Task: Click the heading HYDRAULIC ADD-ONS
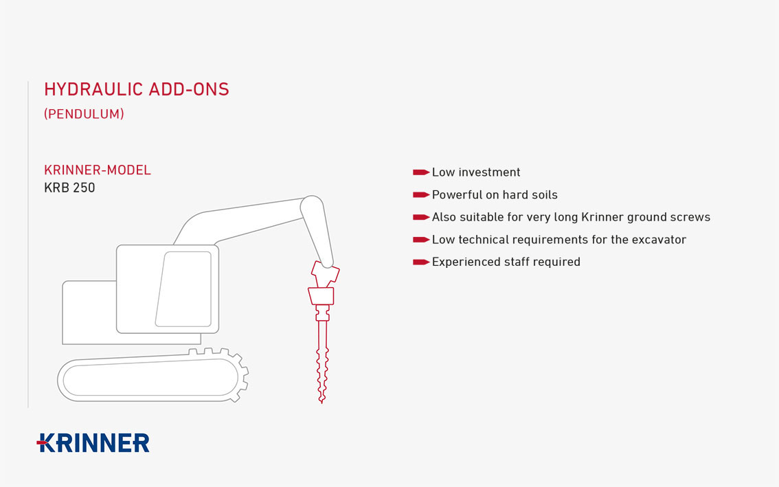click(x=137, y=89)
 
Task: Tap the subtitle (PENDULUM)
click(x=84, y=114)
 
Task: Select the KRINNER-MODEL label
click(x=98, y=170)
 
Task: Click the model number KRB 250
click(x=69, y=188)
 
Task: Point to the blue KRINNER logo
click(x=93, y=443)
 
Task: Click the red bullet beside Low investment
click(x=421, y=172)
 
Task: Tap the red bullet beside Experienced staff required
click(x=421, y=262)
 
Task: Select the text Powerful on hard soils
click(x=495, y=195)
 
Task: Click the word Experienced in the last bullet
click(x=461, y=262)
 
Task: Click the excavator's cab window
click(x=184, y=288)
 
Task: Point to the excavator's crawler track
click(x=149, y=378)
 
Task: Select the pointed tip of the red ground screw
click(x=322, y=402)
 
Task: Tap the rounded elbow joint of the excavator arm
click(x=313, y=205)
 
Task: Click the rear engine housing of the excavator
click(x=89, y=312)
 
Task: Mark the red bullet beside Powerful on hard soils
click(x=421, y=195)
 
